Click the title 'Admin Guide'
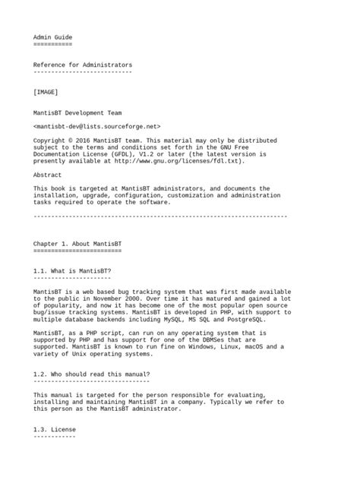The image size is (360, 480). pyautogui.click(x=52, y=36)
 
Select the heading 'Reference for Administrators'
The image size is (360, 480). pyautogui.click(x=83, y=65)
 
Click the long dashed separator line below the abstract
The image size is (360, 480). pyautogui.click(x=160, y=216)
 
